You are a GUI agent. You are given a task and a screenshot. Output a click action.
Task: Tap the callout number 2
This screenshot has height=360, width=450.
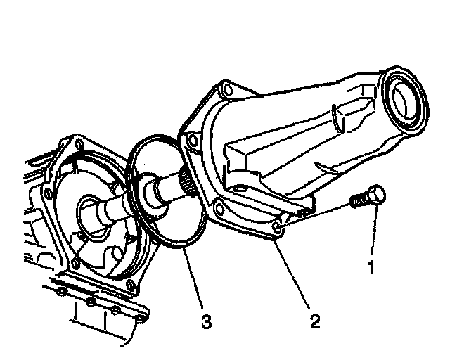tap(315, 321)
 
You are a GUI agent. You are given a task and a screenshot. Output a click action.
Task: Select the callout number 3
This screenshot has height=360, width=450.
tap(205, 321)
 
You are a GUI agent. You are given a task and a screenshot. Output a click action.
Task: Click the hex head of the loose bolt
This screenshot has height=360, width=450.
tap(376, 196)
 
